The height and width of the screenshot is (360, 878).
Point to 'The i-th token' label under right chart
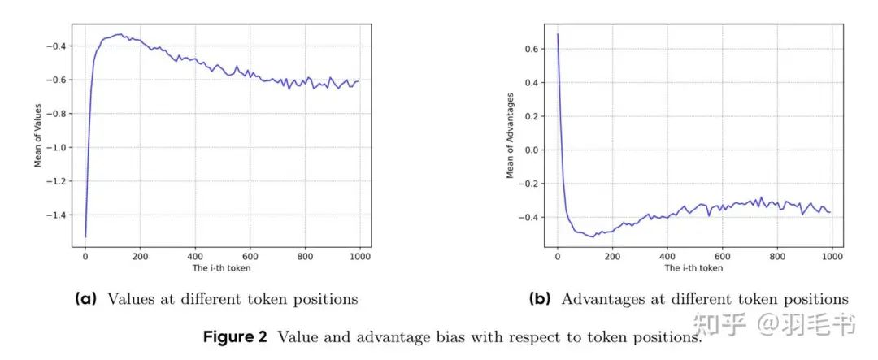[693, 268]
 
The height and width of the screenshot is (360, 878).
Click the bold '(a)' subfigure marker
[85, 299]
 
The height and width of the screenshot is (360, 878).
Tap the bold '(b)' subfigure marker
[540, 299]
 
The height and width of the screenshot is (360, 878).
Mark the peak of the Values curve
[119, 34]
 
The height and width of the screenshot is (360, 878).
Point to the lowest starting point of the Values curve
[85, 237]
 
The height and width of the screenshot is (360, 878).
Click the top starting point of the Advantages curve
[557, 34]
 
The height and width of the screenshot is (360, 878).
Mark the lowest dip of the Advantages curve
[592, 236]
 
